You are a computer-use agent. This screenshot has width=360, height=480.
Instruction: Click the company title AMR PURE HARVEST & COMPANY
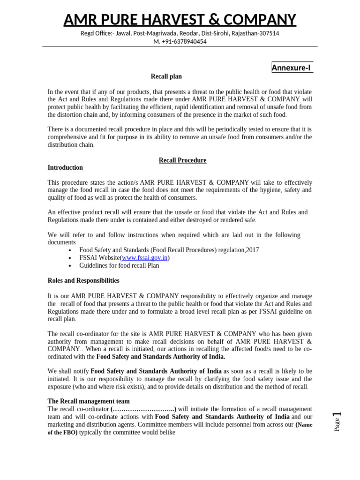(180, 19)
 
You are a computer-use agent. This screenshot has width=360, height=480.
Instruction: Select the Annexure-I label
(291, 68)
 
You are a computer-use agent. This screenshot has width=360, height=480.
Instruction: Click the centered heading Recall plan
(166, 76)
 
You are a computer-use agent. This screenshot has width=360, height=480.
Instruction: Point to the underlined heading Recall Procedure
(182, 160)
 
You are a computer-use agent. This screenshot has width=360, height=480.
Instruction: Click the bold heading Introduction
(65, 168)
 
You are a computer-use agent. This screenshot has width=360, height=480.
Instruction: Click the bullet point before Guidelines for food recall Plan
(70, 266)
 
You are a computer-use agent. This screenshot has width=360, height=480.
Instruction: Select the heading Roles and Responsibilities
(83, 281)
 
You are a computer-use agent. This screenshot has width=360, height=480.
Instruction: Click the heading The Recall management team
(89, 401)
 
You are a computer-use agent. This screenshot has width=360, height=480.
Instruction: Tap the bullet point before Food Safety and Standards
(70, 250)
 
